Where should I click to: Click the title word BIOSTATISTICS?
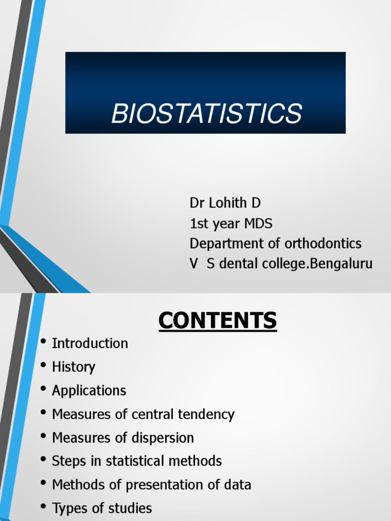click(x=206, y=113)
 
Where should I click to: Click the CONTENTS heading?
click(x=217, y=321)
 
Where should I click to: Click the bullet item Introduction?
click(x=90, y=343)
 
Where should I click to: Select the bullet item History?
click(x=73, y=367)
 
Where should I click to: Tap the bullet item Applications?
click(x=89, y=391)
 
